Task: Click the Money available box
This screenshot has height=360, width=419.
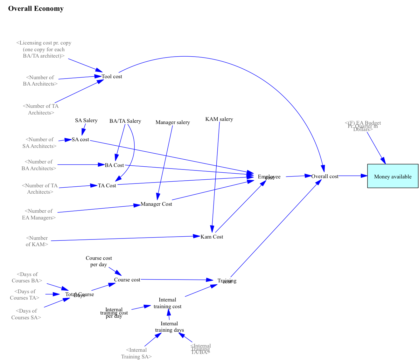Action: pos(393,176)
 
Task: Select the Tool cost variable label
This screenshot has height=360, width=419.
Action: pos(112,76)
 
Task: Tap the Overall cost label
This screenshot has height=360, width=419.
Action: pos(325,176)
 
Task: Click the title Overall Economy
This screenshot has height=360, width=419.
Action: pos(36,9)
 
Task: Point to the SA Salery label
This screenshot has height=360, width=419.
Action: pos(86,120)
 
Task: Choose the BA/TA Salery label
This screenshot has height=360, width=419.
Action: pos(125,121)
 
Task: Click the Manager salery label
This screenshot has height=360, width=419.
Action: pos(172,122)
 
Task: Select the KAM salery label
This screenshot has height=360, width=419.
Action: pos(219,119)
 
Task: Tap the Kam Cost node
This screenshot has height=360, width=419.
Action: pos(212,237)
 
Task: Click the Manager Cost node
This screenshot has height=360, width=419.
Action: pos(156,204)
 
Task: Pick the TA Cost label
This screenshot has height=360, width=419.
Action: pos(107,185)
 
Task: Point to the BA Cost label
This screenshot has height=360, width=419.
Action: pos(114,165)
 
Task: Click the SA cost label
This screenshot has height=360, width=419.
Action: pos(80,139)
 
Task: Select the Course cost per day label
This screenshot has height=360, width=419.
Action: pos(99,261)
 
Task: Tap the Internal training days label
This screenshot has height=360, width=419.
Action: pos(169,327)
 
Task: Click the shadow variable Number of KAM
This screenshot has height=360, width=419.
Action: pos(37,241)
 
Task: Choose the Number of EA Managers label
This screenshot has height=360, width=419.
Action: pos(39,214)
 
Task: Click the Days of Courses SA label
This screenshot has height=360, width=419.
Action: pos(26,314)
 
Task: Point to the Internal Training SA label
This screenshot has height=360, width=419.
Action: pos(136,353)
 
